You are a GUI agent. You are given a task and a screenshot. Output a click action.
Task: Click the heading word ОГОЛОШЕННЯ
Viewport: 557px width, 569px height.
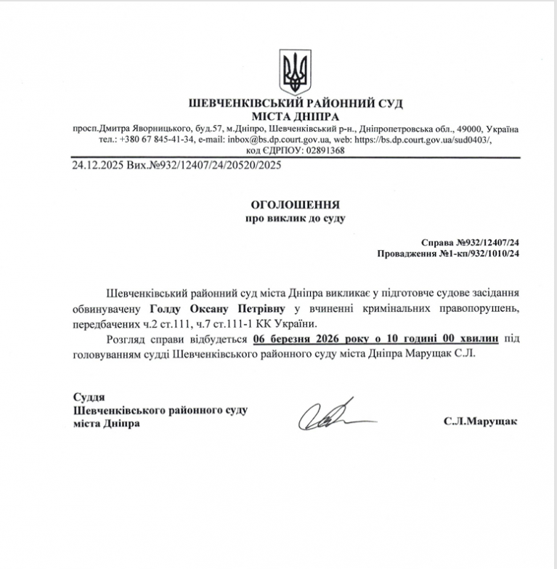[x=296, y=206]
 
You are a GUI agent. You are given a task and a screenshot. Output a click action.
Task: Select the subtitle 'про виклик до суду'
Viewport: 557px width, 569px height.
[x=296, y=218]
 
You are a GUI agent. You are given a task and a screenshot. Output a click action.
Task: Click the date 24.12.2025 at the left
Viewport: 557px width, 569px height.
[x=97, y=166]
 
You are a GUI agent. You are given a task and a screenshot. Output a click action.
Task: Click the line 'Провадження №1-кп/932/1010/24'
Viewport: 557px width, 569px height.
[x=450, y=254]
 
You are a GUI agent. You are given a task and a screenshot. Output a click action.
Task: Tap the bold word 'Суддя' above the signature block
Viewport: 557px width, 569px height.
[x=89, y=398]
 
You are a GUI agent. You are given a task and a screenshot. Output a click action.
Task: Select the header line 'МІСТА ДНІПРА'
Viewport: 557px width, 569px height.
[x=296, y=116]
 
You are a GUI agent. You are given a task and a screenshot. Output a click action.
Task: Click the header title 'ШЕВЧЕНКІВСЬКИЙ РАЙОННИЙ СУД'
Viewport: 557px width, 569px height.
[x=296, y=104]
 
